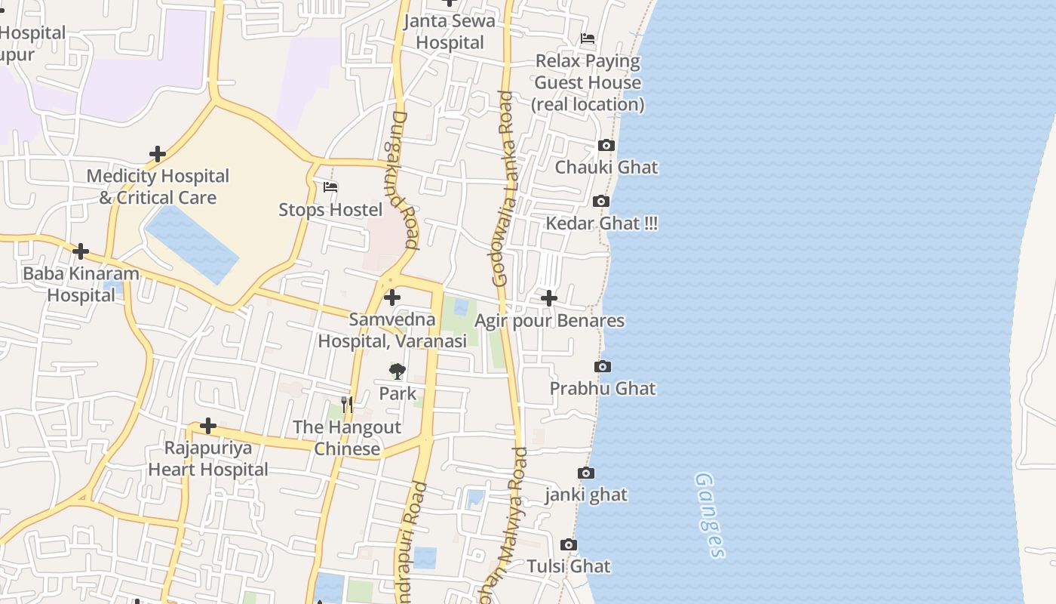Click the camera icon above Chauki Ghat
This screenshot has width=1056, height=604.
coord(606,146)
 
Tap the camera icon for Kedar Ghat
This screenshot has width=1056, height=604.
coord(601,202)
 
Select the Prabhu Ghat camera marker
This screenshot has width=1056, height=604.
coord(603,367)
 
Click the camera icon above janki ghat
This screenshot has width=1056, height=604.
coord(586,473)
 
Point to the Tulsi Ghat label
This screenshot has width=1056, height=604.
coord(568,566)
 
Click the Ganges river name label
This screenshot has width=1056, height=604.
coord(709,515)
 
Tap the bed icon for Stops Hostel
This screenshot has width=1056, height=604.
coord(330,187)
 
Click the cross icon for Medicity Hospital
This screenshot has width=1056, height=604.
coord(157,154)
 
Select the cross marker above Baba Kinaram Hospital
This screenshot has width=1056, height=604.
coord(81,251)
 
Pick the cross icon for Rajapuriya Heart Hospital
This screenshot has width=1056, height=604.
coord(207,427)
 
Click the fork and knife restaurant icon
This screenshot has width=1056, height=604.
coord(346,405)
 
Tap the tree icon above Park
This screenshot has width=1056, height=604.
coord(398,371)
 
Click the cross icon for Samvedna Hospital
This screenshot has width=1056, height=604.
coord(392,297)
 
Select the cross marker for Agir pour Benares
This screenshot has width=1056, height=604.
coord(549,298)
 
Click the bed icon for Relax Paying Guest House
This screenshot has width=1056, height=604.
coord(588,39)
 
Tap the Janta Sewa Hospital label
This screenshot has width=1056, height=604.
coord(450,32)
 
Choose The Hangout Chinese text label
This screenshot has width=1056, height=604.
coord(347,438)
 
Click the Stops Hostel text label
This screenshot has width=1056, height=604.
coord(330,210)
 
